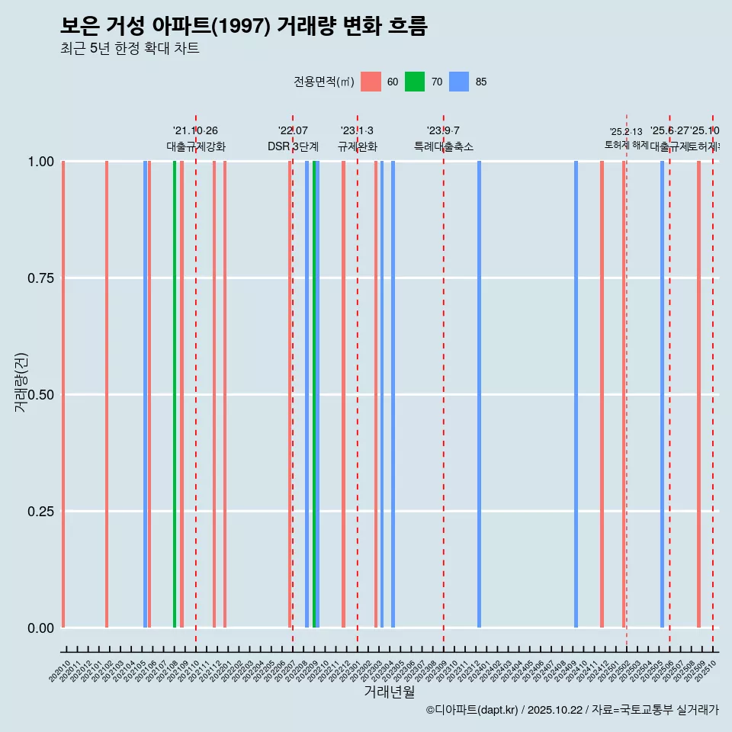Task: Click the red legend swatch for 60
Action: click(371, 82)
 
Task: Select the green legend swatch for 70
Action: click(415, 82)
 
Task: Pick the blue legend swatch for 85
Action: click(459, 82)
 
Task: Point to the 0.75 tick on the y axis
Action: click(41, 278)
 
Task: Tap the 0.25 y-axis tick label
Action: click(41, 512)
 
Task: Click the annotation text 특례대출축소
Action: click(444, 146)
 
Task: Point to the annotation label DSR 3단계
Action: click(293, 146)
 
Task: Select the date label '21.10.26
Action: click(195, 131)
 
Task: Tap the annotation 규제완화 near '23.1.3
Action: click(358, 146)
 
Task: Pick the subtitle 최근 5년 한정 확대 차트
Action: click(130, 49)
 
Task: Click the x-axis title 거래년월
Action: click(389, 692)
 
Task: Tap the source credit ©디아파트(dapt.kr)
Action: click(473, 710)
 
